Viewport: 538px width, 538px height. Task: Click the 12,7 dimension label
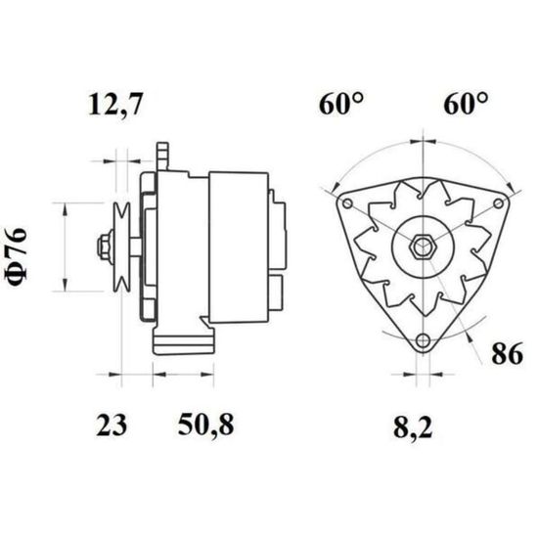pos(114,104)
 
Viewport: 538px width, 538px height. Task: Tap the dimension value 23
pos(112,426)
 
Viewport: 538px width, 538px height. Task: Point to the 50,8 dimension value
pos(205,425)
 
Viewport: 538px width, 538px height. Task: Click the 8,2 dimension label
pos(413,427)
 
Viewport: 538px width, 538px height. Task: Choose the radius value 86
pos(507,353)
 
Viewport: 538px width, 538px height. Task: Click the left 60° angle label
pos(340,104)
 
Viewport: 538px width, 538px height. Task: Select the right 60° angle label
pos(466,104)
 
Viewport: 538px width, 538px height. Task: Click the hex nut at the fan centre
pos(423,246)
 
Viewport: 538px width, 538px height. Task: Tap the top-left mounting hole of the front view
pos(347,203)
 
